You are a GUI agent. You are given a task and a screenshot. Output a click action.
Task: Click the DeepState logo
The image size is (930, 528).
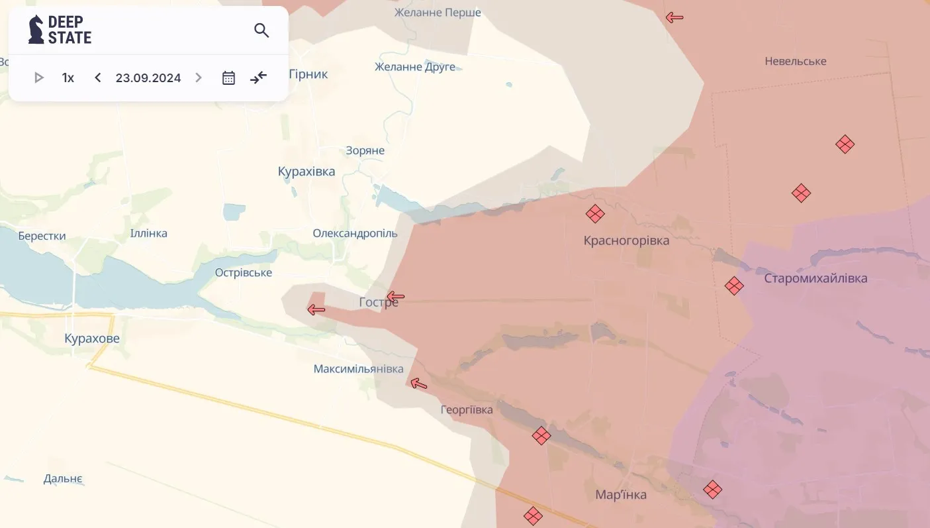click(60, 30)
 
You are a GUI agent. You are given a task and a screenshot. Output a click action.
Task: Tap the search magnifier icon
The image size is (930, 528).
click(261, 30)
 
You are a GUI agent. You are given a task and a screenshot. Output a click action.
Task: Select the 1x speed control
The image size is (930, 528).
click(68, 78)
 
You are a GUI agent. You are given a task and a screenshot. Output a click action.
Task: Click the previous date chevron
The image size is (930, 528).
click(98, 78)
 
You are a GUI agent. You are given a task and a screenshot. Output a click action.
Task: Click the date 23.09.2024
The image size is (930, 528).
click(148, 78)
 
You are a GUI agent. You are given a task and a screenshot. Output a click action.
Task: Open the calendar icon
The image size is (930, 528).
click(228, 78)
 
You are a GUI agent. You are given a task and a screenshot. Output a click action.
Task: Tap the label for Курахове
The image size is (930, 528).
click(92, 339)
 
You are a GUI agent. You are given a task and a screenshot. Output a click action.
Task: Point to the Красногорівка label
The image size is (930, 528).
click(626, 240)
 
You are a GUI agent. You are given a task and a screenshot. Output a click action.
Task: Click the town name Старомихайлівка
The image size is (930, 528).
click(815, 278)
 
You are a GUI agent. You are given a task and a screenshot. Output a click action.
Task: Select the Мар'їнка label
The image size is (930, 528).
click(621, 495)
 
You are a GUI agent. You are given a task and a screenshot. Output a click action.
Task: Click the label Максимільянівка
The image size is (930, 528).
click(358, 369)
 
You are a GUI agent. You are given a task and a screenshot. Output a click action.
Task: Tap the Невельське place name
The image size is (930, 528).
click(796, 61)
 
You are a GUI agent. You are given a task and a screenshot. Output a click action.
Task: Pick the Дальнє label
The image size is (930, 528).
click(63, 479)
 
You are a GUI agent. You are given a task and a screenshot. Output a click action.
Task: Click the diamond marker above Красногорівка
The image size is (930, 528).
click(595, 214)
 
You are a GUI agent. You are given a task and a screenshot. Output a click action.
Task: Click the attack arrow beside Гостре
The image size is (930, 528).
click(395, 296)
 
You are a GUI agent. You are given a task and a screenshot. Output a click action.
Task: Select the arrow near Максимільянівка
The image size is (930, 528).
click(418, 383)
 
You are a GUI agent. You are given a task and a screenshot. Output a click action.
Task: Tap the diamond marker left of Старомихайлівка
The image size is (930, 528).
click(734, 286)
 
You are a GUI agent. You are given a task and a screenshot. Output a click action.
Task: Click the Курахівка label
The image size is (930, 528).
click(306, 172)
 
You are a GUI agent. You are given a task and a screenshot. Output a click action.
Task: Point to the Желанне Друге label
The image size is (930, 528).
click(415, 67)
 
